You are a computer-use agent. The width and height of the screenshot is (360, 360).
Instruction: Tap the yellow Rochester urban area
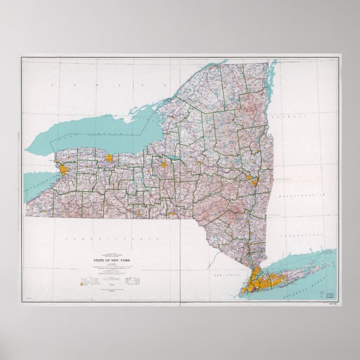[x=111, y=159]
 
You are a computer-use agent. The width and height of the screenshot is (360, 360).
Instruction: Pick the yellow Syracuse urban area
[x=165, y=165]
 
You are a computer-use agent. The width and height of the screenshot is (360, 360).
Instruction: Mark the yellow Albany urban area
[x=253, y=182]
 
